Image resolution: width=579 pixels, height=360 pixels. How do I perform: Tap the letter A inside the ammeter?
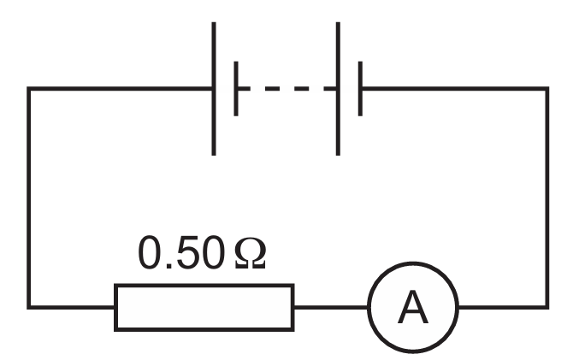click(x=413, y=307)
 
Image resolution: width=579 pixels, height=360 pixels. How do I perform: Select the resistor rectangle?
click(x=204, y=285)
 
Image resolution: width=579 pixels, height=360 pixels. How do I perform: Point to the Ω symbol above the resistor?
click(x=250, y=253)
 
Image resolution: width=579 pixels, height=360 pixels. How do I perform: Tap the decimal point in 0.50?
click(x=168, y=266)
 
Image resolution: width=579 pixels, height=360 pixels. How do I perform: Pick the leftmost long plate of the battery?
click(x=214, y=89)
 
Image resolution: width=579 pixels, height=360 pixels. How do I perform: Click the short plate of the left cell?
click(x=236, y=89)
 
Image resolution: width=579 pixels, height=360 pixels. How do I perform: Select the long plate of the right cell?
click(x=338, y=89)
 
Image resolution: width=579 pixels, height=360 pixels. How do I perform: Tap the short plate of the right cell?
click(x=360, y=89)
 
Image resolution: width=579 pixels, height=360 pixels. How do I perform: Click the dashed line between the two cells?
click(x=287, y=89)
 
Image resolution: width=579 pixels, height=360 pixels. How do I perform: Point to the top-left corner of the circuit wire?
click(x=29, y=89)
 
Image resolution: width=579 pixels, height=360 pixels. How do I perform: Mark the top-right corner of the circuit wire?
click(x=547, y=89)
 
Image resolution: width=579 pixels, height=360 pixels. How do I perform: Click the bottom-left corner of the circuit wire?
click(x=29, y=307)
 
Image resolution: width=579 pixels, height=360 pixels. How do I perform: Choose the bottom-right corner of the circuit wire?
click(x=547, y=307)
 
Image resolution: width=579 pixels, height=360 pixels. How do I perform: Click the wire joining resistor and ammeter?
click(x=331, y=307)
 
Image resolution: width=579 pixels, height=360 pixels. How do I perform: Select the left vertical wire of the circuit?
click(x=29, y=198)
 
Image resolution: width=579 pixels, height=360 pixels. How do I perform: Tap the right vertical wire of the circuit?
click(x=547, y=198)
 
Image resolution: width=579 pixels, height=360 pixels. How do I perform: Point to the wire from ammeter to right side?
click(x=504, y=307)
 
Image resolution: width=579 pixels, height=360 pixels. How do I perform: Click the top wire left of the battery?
click(x=120, y=89)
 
